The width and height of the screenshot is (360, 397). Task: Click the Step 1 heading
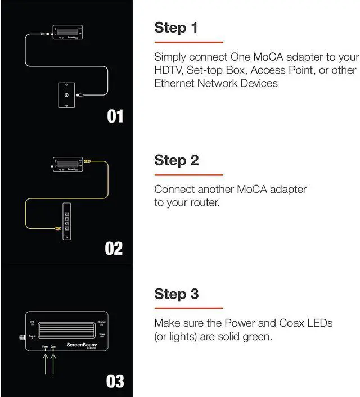coord(175,28)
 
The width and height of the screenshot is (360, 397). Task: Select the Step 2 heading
coord(177,160)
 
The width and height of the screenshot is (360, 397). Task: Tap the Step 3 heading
coord(177,294)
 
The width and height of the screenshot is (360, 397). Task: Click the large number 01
coord(115,116)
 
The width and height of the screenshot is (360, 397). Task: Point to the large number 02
coord(114,249)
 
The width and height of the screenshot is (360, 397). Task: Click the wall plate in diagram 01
coord(67,95)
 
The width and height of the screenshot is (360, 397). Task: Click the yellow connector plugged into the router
coord(56,228)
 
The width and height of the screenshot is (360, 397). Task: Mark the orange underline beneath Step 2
coord(188,175)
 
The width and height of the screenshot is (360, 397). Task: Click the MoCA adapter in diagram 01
coord(67,32)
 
